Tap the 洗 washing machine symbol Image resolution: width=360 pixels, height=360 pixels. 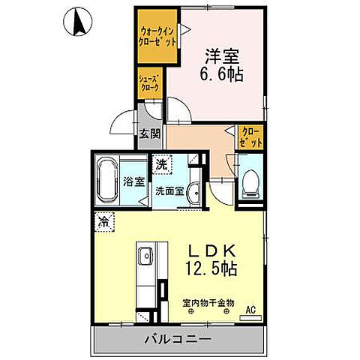coord(162,161)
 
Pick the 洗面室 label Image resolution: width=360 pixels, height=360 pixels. coord(169,191)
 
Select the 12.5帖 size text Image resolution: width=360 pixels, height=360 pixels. coord(217,268)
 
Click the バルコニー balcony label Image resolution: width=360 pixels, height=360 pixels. coord(178,340)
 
